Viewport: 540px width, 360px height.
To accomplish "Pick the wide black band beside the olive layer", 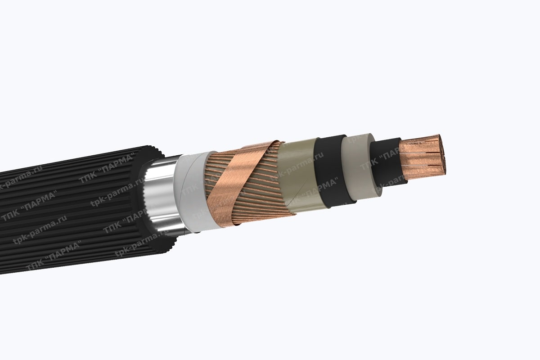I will [331, 171].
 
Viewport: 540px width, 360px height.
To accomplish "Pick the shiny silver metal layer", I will [157, 198].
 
